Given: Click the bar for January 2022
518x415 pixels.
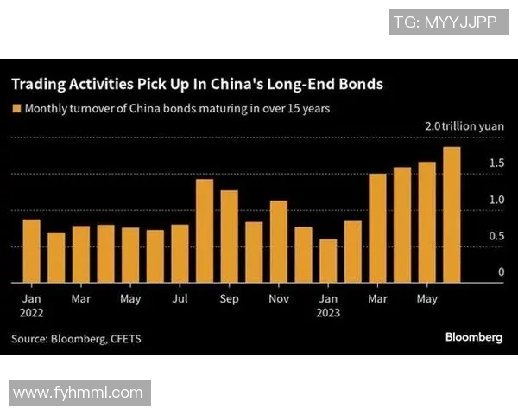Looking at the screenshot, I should click(31, 251).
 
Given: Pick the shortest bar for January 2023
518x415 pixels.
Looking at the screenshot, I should click(328, 260).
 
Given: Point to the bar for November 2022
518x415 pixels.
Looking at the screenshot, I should click(279, 241).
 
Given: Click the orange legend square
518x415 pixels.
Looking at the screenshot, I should click(16, 109).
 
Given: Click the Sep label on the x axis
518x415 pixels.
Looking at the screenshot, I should click(229, 299).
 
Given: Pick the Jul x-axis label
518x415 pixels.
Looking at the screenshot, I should click(180, 299).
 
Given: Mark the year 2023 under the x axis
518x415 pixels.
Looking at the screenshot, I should click(328, 314).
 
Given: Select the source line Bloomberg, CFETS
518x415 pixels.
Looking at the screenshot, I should click(76, 339).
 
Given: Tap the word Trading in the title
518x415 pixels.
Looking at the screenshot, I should click(40, 85).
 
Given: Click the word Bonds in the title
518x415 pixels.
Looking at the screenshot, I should click(358, 85).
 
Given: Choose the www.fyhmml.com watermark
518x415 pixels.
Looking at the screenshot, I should click(79, 393).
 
